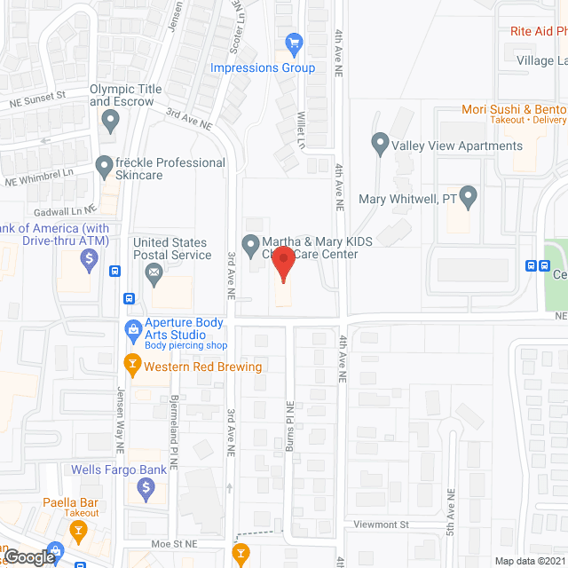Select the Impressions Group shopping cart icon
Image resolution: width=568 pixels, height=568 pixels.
pos(295,42)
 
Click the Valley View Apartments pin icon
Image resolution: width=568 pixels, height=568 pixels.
pos(380,141)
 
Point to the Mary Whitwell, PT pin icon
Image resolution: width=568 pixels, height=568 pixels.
pos(469,194)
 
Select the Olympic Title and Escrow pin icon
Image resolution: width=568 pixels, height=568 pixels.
pos(110,118)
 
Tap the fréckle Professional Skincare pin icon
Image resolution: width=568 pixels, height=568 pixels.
pos(103,165)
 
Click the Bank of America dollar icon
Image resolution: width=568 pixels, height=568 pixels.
pos(89,260)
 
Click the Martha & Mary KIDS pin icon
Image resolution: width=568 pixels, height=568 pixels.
pos(251,243)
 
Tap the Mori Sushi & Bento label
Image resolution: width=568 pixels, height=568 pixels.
pos(513,110)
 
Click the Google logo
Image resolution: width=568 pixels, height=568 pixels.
pos(29,557)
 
